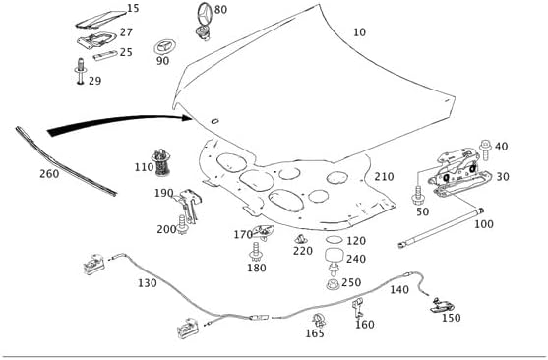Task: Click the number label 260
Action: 49,174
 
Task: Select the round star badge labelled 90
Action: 164,47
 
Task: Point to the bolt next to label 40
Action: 485,150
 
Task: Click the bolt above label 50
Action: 417,197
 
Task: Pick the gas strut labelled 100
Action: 441,228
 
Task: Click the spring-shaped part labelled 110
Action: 160,162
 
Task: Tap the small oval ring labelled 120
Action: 335,240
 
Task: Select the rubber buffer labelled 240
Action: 335,260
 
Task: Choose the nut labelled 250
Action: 333,284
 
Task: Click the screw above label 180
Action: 256,252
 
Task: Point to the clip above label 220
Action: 300,239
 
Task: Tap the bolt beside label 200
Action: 182,225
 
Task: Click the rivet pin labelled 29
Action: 80,71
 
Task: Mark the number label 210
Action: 384,176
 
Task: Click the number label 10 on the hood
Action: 360,32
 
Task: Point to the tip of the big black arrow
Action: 193,118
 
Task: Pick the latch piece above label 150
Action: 443,305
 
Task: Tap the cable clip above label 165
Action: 319,320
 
